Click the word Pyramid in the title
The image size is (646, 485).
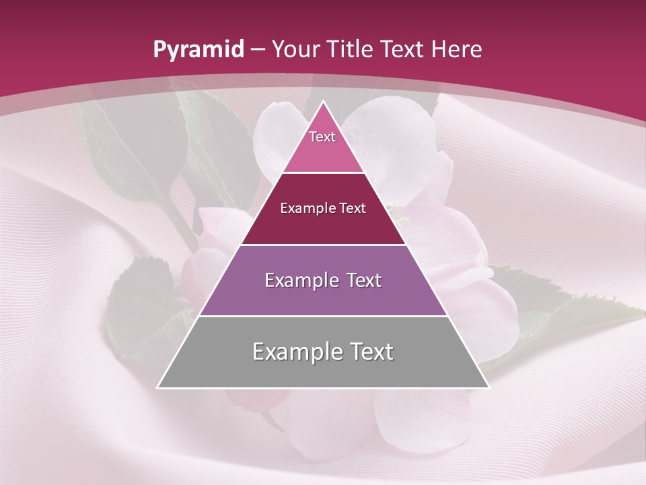coord(198,50)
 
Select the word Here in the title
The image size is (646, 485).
coord(457,49)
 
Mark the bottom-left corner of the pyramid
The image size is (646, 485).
coord(158,387)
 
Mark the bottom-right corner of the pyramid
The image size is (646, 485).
coord(489,387)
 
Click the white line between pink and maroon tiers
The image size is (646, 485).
coord(323,172)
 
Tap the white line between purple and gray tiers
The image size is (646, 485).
coord(323,316)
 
